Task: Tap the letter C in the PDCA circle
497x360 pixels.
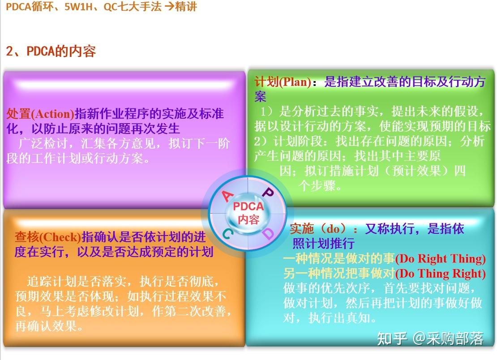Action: (x=227, y=233)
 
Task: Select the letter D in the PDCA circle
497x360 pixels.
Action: (x=267, y=233)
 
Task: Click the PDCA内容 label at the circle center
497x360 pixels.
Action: (x=248, y=213)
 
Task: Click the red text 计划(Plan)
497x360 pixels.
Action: (x=283, y=82)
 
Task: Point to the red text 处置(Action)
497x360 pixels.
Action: (x=40, y=114)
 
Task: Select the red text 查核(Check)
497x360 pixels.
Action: (x=48, y=237)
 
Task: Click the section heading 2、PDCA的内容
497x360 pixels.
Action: (x=51, y=51)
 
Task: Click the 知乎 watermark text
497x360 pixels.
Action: (x=392, y=339)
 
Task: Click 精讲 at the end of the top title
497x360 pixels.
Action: (x=186, y=7)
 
